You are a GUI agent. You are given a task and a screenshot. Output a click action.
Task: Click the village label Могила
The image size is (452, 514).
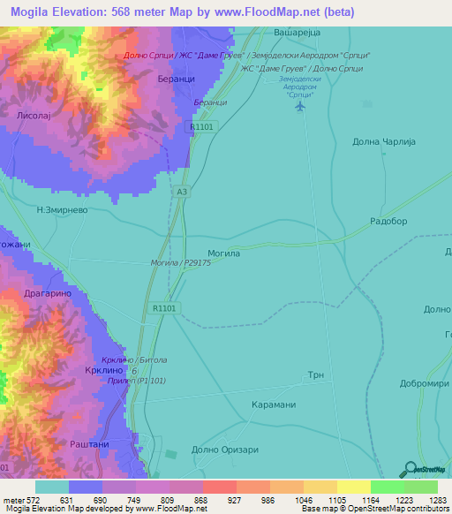point(223,253)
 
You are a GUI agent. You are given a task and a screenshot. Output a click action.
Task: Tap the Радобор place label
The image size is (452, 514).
point(388,222)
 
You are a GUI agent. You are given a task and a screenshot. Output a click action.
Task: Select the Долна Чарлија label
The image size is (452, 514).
point(383,141)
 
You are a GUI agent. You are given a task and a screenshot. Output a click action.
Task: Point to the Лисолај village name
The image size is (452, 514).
point(35,116)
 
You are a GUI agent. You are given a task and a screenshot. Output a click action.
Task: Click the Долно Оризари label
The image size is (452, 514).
point(224,450)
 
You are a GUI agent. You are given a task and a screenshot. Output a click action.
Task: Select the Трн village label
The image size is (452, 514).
point(316,375)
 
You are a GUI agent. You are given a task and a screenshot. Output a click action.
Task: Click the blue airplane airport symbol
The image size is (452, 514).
point(300,106)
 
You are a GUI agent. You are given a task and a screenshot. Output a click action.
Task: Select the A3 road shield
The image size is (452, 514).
point(182,191)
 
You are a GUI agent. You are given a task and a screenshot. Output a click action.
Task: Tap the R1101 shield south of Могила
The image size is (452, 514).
point(165,308)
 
